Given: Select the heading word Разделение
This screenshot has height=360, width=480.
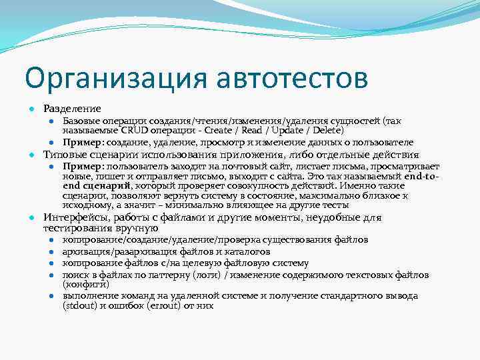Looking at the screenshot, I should coord(72,108).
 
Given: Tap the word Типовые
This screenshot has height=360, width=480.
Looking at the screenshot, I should coord(64,154).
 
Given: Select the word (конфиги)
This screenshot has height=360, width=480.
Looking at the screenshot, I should coord(82,284).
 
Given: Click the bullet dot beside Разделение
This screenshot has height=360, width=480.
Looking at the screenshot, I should coord(31,109).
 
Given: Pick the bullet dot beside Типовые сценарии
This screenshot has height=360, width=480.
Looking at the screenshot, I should coord(31,155).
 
